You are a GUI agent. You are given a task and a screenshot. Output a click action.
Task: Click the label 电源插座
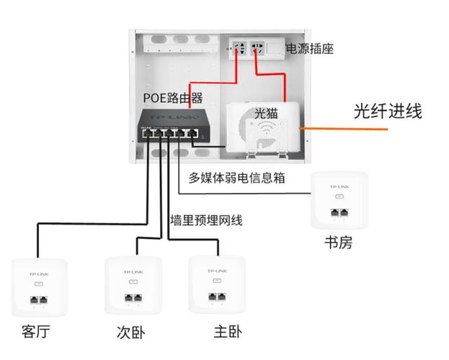click(x=310, y=49)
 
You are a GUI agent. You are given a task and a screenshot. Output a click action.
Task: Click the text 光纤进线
click(x=387, y=111)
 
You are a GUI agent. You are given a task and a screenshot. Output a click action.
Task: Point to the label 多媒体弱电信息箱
click(x=236, y=177)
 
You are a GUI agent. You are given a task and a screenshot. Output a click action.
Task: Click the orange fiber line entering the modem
click(x=346, y=128)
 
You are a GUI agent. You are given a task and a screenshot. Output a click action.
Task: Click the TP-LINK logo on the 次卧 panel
click(x=132, y=271)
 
